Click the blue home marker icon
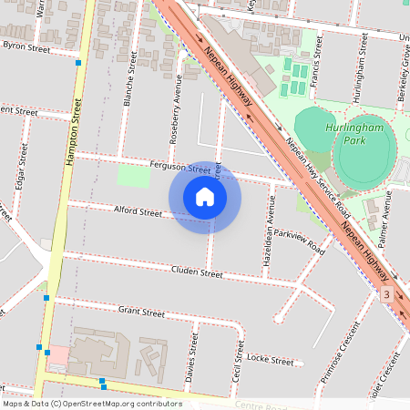pyautogui.click(x=205, y=197)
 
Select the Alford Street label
pyautogui.click(x=138, y=211)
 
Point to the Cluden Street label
pyautogui.click(x=197, y=272)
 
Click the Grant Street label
pyautogui.click(x=141, y=313)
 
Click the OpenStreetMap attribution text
pyautogui.click(x=92, y=404)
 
